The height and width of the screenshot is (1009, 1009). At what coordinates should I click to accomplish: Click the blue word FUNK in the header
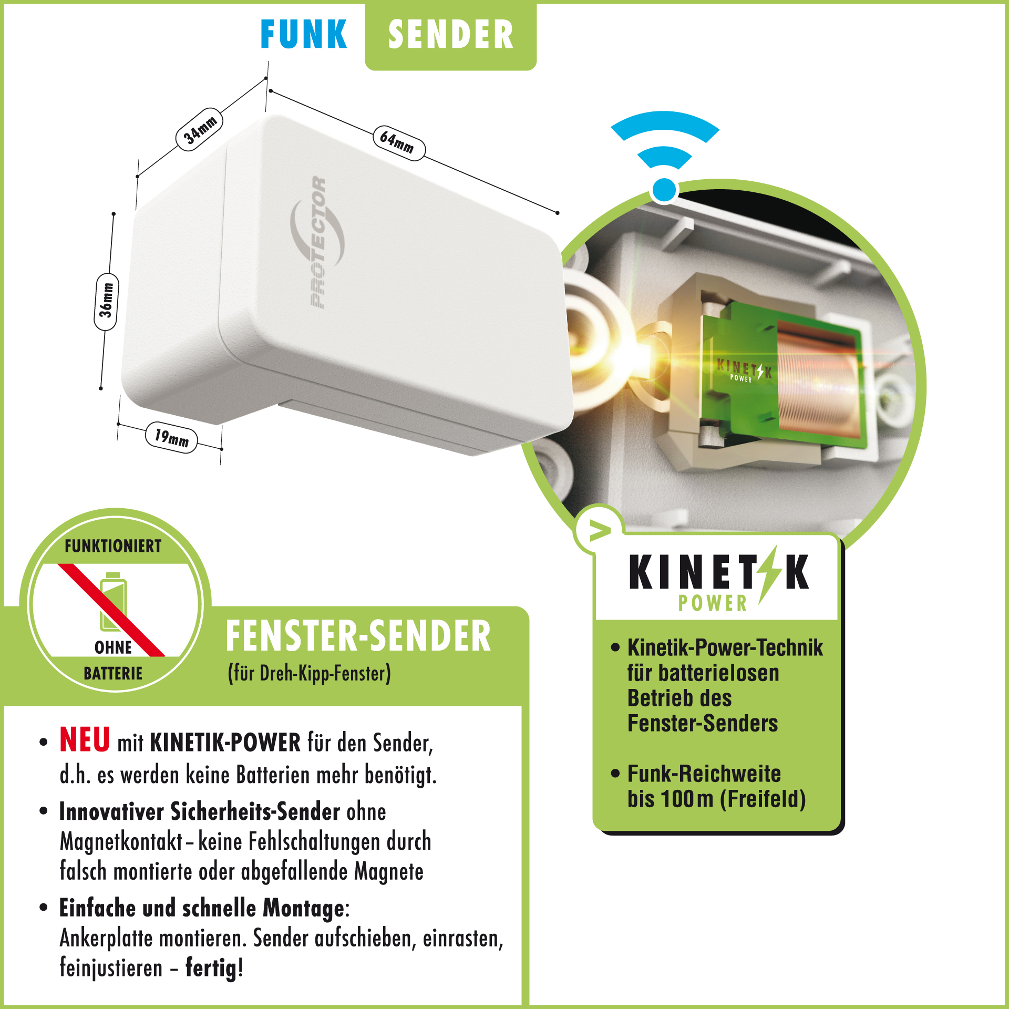pos(304,34)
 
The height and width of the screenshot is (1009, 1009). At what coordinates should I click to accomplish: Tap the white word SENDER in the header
pos(451,35)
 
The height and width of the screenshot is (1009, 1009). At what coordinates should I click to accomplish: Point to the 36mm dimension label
pos(106,302)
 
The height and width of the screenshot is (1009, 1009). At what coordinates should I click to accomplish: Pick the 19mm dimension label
pos(171,437)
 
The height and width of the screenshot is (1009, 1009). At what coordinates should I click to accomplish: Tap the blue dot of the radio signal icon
pos(665,190)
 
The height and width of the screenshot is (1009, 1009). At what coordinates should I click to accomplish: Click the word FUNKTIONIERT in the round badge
pos(113,546)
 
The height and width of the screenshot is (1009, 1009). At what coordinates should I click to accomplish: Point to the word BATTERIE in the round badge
pos(113,673)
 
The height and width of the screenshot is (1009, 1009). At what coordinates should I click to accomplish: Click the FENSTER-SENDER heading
pos(358,636)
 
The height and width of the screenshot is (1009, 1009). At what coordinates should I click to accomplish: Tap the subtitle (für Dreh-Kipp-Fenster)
pos(310,673)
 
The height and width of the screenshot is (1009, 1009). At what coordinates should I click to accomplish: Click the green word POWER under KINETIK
pos(713,603)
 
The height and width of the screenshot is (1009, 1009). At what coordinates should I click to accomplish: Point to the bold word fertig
pos(211,968)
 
